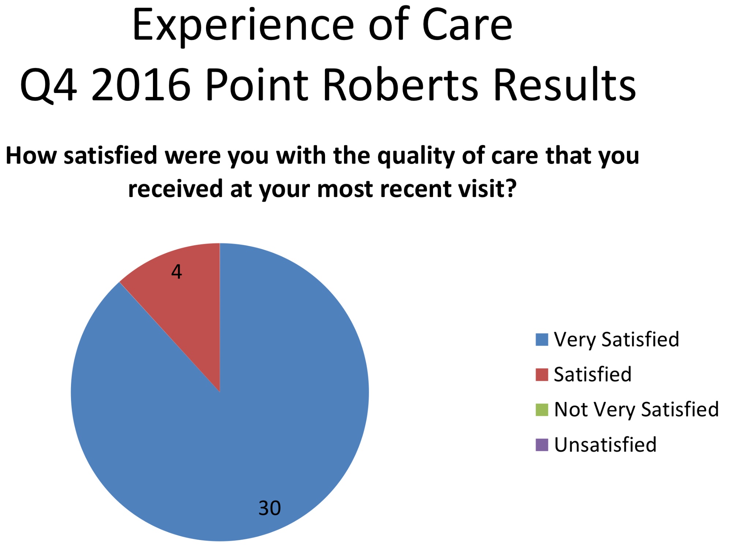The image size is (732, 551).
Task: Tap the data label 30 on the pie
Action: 270,508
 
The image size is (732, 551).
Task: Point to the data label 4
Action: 176,272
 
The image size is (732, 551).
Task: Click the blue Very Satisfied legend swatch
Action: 542,339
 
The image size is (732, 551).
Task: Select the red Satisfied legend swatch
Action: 542,375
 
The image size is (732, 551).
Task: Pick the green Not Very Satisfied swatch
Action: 542,410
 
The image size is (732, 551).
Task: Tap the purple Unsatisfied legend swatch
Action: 542,445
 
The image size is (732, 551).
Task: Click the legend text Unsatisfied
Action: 605,445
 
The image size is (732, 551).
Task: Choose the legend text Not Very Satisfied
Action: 636,410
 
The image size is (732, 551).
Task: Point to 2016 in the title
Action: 141,85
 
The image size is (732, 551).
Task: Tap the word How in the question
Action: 31,156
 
